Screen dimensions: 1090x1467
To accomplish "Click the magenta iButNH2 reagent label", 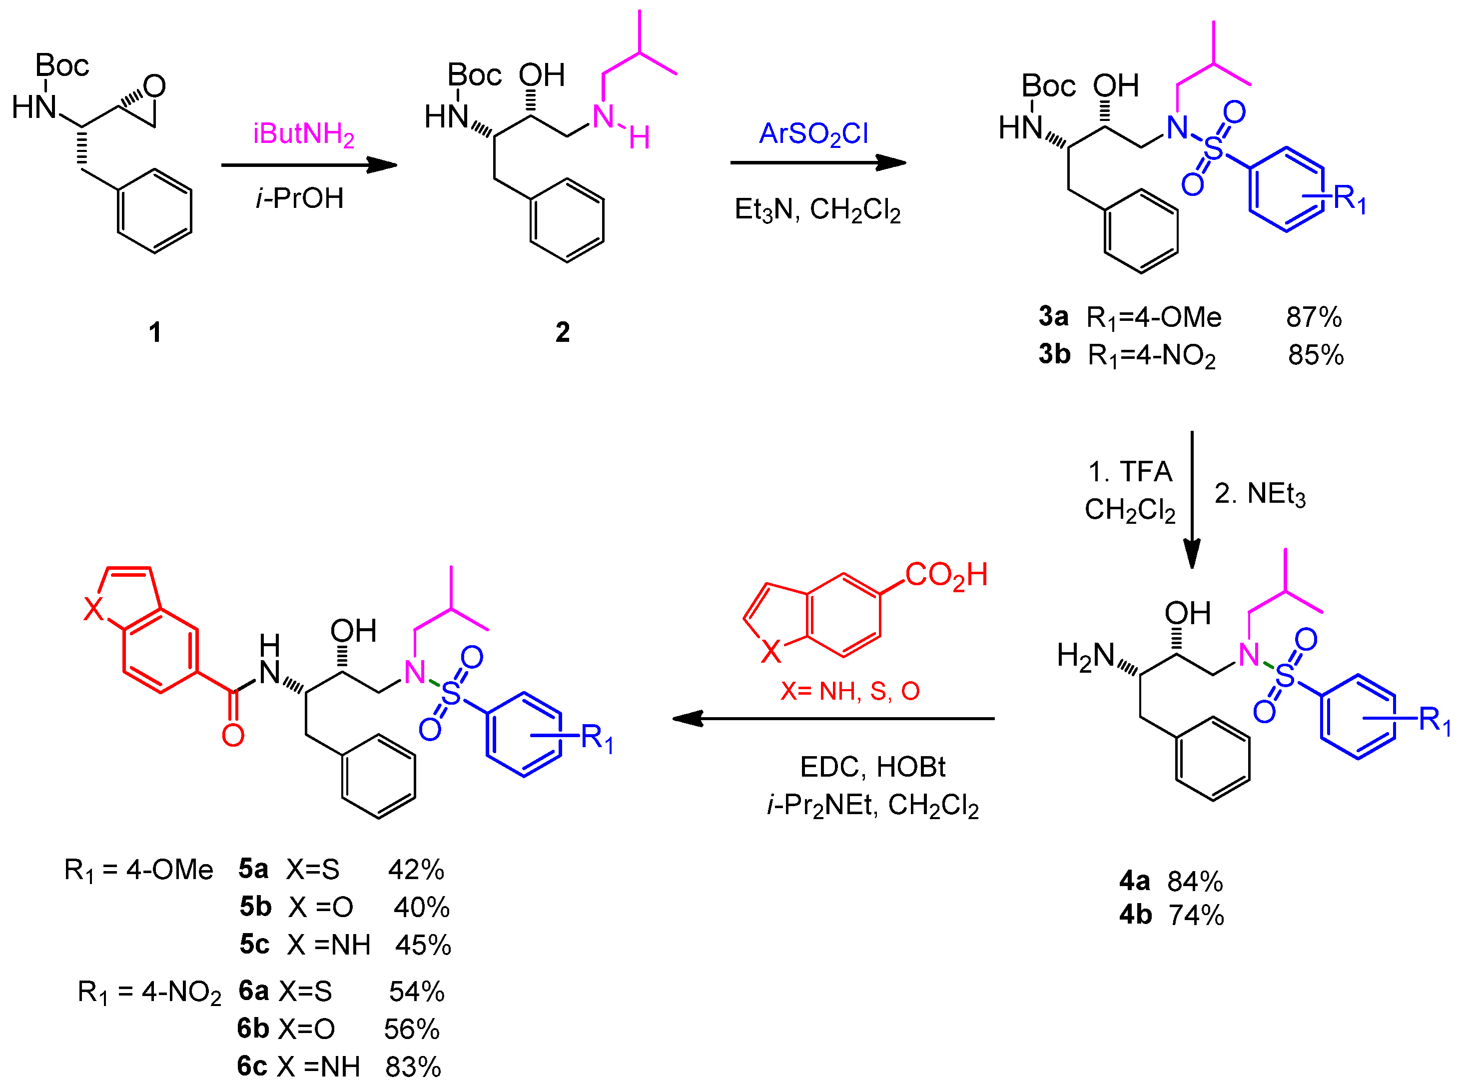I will tap(303, 134).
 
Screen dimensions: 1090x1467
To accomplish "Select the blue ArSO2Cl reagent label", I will tap(813, 134).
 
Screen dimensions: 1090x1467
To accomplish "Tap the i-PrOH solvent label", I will tap(300, 198).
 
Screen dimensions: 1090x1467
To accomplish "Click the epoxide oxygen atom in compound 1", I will tap(155, 86).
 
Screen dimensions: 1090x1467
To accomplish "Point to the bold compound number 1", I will tap(155, 332).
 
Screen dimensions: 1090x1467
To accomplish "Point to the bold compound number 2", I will tap(562, 332).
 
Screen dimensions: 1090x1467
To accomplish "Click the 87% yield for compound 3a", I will tap(1313, 317).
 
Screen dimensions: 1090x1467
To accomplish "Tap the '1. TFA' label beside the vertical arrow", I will tap(1130, 472).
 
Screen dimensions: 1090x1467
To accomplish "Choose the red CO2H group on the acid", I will tap(946, 575).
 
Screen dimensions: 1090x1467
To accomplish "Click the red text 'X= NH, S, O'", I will tap(849, 691).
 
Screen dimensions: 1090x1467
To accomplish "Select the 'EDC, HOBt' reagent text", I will tap(872, 767).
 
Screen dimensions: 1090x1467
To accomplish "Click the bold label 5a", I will tap(253, 870).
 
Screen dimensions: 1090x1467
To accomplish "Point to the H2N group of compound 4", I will tap(1085, 657).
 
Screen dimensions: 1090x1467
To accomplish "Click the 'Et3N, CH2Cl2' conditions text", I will tap(817, 210).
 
